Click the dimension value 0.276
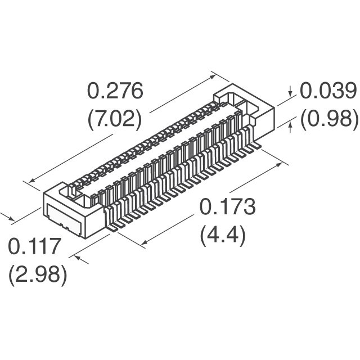click(x=115, y=91)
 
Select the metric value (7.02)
click(x=115, y=120)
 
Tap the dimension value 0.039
click(x=328, y=91)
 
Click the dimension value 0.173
click(x=227, y=206)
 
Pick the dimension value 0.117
click(x=35, y=246)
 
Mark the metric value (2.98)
click(x=38, y=276)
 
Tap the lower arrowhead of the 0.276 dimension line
click(x=32, y=179)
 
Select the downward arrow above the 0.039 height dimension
click(x=290, y=91)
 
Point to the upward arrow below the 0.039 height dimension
click(x=291, y=128)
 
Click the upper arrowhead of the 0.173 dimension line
click(x=278, y=164)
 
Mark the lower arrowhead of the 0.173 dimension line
click(x=146, y=242)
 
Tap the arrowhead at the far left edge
click(x=11, y=218)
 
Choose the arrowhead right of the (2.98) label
click(x=78, y=258)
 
